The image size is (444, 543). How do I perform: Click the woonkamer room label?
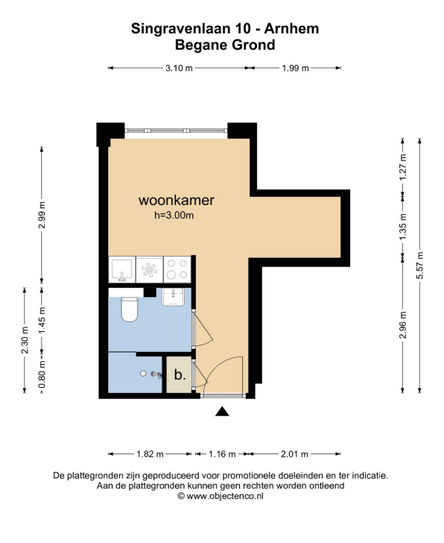point(177,201)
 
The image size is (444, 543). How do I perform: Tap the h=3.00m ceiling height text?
point(174,216)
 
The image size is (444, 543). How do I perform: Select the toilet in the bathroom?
point(130,310)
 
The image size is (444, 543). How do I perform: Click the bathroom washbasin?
point(173,297)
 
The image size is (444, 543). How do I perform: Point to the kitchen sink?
point(122,270)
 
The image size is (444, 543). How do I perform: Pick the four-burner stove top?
point(177,269)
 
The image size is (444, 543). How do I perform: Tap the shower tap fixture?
point(156,374)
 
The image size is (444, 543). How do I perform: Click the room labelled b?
point(180,374)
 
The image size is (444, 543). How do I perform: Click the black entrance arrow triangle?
point(222,411)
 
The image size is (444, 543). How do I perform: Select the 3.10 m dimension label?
point(179,68)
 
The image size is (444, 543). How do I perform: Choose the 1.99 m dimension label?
point(295,68)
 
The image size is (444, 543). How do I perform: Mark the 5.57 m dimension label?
point(420,266)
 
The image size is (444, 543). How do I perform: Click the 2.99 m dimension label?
point(42,215)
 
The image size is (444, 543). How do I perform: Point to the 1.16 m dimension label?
point(222,453)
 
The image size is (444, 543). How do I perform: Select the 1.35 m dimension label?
point(402,227)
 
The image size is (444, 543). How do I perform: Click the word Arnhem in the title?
point(291,28)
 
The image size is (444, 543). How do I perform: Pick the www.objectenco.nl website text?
point(225,496)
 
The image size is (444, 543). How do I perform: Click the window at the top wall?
point(176,131)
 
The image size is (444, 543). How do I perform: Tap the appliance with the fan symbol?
point(150,269)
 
